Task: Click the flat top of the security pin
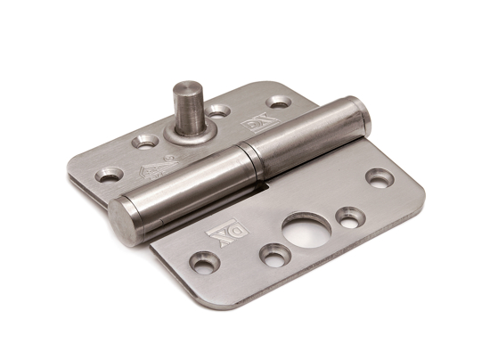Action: pos(187,89)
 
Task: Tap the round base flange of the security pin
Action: pos(189,131)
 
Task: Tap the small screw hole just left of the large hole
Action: pos(274,255)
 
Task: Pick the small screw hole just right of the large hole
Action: pos(349,217)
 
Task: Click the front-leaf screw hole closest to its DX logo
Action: pos(204,263)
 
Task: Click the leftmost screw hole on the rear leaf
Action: pos(110,174)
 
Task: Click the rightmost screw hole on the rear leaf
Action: pos(278,102)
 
